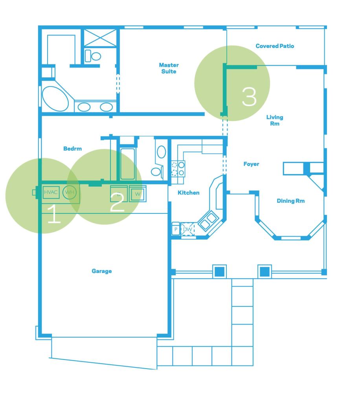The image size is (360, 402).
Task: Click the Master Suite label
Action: click(169, 68)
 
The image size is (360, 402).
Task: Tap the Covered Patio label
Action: click(275, 46)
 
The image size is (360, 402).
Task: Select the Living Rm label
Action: click(275, 120)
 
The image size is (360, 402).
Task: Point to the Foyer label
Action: click(251, 164)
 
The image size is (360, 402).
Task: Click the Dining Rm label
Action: click(290, 201)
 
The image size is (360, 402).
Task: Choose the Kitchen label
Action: click(189, 193)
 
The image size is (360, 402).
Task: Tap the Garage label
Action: click(101, 271)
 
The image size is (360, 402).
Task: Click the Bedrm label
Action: click(72, 149)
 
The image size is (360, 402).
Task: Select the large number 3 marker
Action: click(249, 97)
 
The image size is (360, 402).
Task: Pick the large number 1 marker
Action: click(54, 214)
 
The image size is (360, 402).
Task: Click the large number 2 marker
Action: click(117, 202)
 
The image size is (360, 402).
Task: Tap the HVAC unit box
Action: click(51, 192)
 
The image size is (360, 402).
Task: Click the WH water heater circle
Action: click(70, 192)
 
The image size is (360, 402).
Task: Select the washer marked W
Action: click(138, 194)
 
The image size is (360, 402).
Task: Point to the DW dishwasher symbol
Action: click(187, 229)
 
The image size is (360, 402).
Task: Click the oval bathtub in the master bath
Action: click(55, 99)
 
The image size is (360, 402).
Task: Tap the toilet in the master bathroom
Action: click(93, 56)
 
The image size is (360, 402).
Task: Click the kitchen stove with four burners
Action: click(178, 169)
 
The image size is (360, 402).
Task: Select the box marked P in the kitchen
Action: click(176, 229)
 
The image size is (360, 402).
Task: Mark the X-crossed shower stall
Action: click(100, 38)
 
